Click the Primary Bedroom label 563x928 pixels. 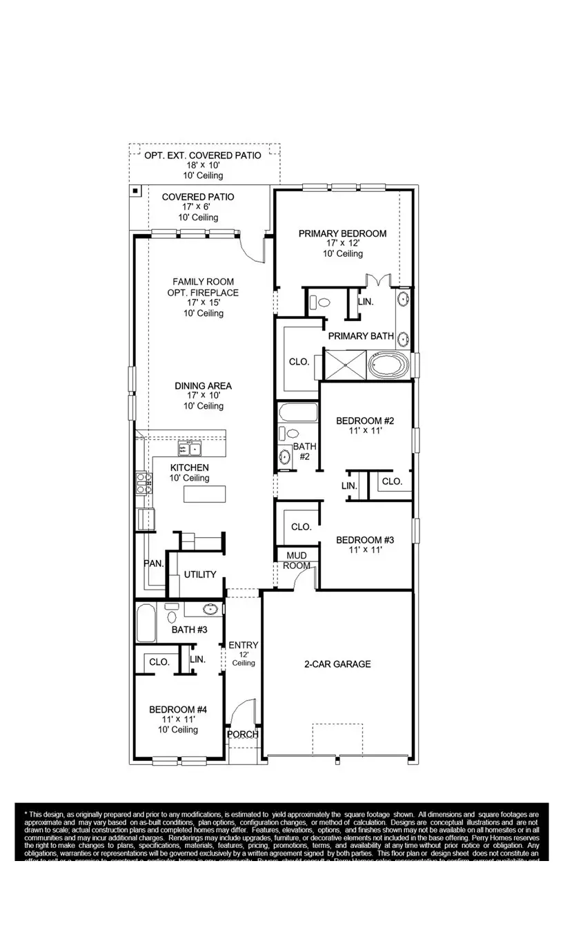(342, 234)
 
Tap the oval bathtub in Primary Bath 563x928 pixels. (389, 365)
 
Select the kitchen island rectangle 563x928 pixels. (204, 494)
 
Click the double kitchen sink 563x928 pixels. (190, 449)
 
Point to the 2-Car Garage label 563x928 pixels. (337, 664)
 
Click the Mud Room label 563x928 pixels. (296, 560)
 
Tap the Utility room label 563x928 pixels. (200, 574)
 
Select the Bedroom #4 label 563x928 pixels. (178, 709)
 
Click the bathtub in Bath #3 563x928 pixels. (146, 623)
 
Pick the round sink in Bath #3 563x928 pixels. (210, 609)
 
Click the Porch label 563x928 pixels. (243, 734)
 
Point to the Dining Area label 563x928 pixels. (203, 386)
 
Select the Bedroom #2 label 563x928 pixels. (364, 420)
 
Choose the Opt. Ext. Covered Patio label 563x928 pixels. (203, 155)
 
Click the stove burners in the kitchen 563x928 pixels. (143, 482)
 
